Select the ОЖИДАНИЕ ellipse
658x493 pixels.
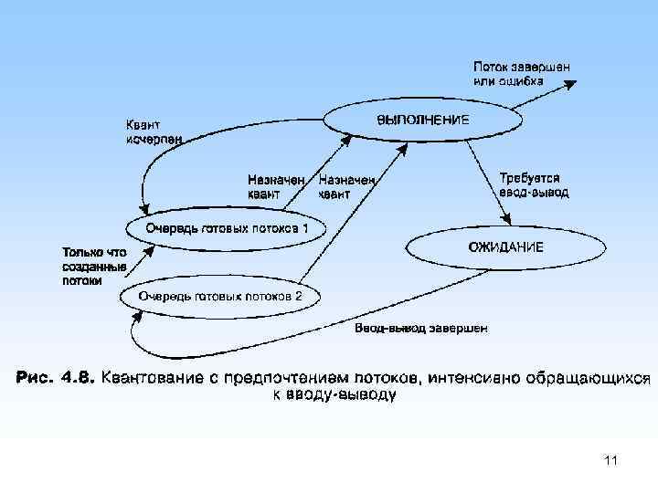(x=505, y=246)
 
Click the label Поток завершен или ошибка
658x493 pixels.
(x=522, y=73)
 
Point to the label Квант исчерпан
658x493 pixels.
(x=153, y=132)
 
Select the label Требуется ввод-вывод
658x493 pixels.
(x=534, y=185)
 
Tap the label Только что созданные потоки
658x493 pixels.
(x=93, y=266)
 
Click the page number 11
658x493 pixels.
(x=611, y=461)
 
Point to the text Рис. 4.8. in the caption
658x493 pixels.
(x=53, y=378)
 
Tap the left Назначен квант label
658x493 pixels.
(x=275, y=186)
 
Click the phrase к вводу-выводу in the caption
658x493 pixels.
(x=335, y=395)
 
